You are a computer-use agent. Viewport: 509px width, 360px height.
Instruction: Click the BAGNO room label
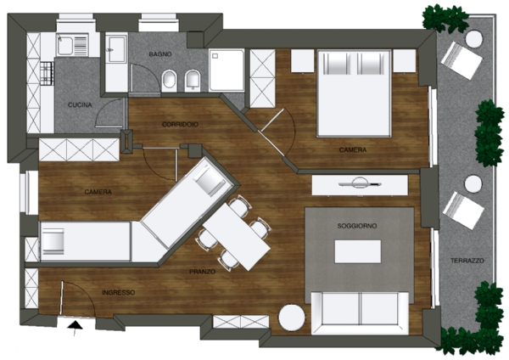(160, 54)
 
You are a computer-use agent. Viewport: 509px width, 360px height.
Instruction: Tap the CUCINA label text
(80, 105)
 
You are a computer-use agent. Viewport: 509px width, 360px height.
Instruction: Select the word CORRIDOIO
(180, 125)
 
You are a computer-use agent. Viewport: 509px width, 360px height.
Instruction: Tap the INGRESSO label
(119, 293)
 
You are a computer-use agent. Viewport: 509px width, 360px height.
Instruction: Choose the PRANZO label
(202, 272)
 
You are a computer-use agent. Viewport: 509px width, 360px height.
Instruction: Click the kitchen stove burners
(47, 74)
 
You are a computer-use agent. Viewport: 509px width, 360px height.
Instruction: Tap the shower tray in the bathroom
(227, 70)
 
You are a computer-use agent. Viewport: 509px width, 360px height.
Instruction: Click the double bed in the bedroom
(354, 93)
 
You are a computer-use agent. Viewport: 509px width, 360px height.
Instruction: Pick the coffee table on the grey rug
(358, 251)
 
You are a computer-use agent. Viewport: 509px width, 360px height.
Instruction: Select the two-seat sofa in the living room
(360, 313)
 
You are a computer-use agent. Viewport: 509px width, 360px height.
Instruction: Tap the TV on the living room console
(360, 183)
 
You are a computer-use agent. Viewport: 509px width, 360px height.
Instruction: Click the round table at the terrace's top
(474, 39)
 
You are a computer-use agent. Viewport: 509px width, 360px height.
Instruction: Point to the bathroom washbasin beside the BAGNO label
(115, 49)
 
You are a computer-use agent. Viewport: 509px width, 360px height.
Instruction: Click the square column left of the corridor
(126, 141)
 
